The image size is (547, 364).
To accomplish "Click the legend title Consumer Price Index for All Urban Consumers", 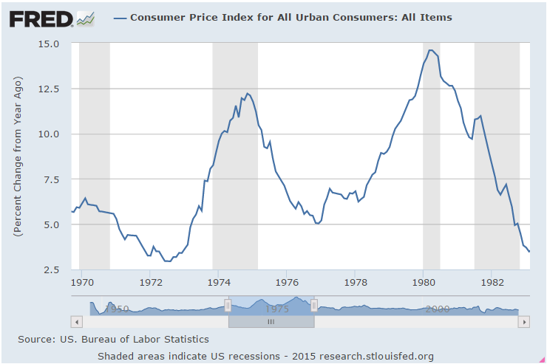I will (291, 17).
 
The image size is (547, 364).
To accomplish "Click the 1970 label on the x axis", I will (82, 282).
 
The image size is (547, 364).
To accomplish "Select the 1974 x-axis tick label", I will (219, 282).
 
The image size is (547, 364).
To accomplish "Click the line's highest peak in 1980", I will (431, 50).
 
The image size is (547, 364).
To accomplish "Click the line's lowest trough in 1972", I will (168, 261).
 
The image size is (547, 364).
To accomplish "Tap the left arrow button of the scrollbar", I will (75, 322).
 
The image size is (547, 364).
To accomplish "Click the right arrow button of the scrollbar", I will (524, 322).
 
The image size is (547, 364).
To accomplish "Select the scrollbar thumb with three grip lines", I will (271, 322).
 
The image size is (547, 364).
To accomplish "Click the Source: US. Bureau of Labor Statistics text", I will (113, 339).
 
